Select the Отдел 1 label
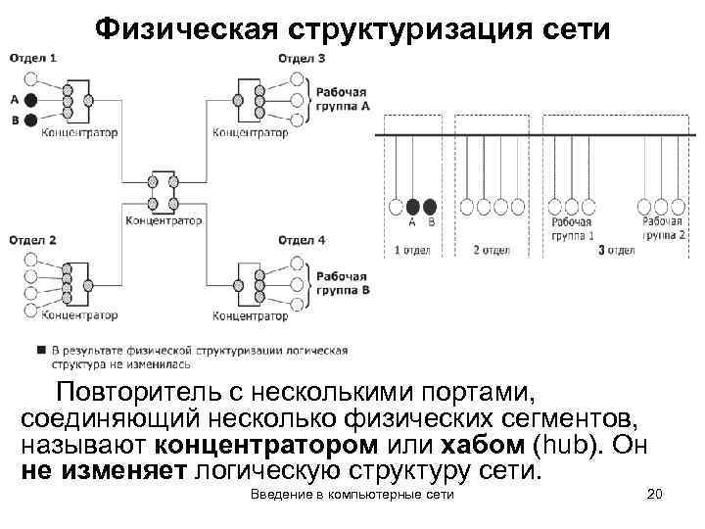click(33, 59)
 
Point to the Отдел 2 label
click(33, 240)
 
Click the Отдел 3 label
click(303, 59)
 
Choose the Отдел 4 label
click(303, 240)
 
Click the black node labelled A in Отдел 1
click(31, 100)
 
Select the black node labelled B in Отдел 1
click(31, 120)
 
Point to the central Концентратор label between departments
click(164, 220)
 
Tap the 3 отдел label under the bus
click(616, 250)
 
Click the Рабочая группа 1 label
click(572, 229)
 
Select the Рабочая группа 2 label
click(663, 229)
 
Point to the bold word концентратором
click(265, 445)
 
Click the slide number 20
click(656, 496)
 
